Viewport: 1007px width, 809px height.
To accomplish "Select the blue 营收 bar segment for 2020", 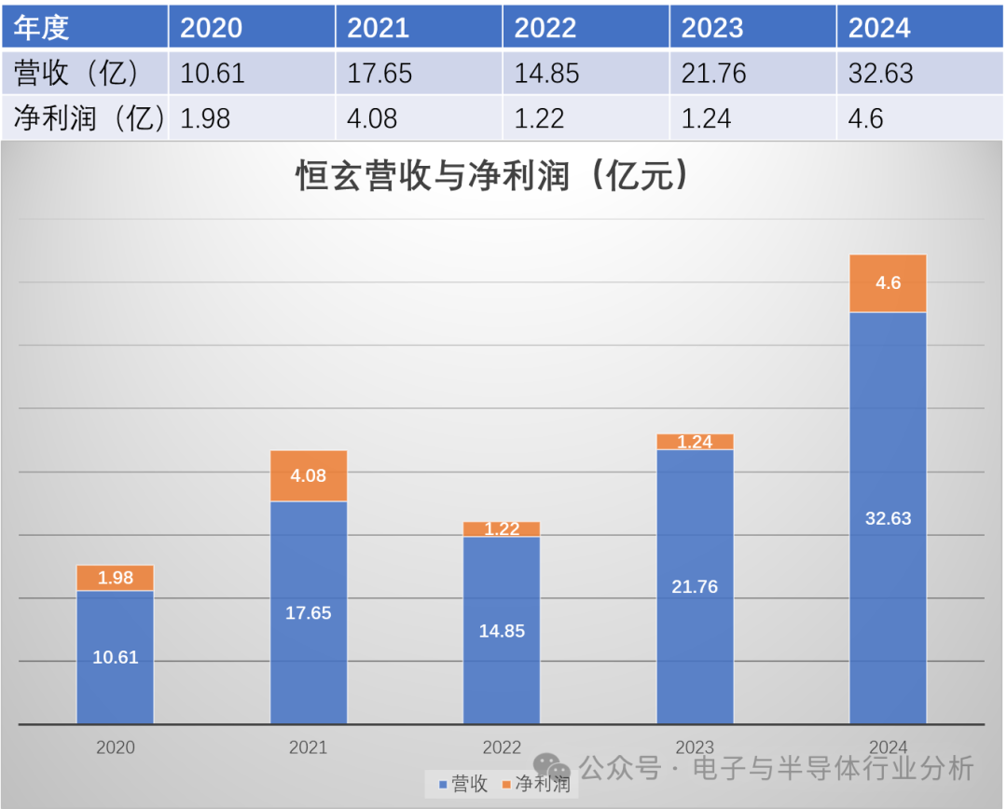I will pyautogui.click(x=115, y=656).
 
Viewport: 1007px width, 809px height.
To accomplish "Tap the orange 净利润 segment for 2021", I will pyautogui.click(x=309, y=476).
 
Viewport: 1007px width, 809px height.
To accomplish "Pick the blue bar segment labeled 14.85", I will pyautogui.click(x=502, y=630).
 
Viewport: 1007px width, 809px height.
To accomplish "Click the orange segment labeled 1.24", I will pyautogui.click(x=695, y=442).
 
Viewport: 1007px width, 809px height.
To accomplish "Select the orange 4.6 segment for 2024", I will pyautogui.click(x=888, y=283).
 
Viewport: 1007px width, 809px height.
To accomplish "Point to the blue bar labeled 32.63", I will pyautogui.click(x=888, y=518).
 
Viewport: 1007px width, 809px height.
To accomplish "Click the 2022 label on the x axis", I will pyautogui.click(x=502, y=747).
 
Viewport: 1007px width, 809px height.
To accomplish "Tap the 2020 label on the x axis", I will pyautogui.click(x=115, y=747).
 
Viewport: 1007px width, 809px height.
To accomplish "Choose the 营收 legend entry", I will pyautogui.click(x=461, y=784).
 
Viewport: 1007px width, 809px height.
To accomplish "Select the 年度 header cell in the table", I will pyautogui.click(x=84, y=27).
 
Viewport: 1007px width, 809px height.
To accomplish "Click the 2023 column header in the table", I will pyautogui.click(x=752, y=27).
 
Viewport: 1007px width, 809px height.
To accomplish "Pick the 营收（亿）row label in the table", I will pyautogui.click(x=84, y=73).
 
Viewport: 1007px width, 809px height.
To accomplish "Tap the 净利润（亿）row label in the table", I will pyautogui.click(x=84, y=118).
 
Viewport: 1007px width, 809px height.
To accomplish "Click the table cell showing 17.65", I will pyautogui.click(x=419, y=73).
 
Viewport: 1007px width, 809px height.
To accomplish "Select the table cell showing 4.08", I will pyautogui.click(x=419, y=118).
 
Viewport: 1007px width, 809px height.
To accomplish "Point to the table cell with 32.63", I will pyautogui.click(x=919, y=73).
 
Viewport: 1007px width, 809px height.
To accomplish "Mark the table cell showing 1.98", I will pyautogui.click(x=252, y=118).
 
